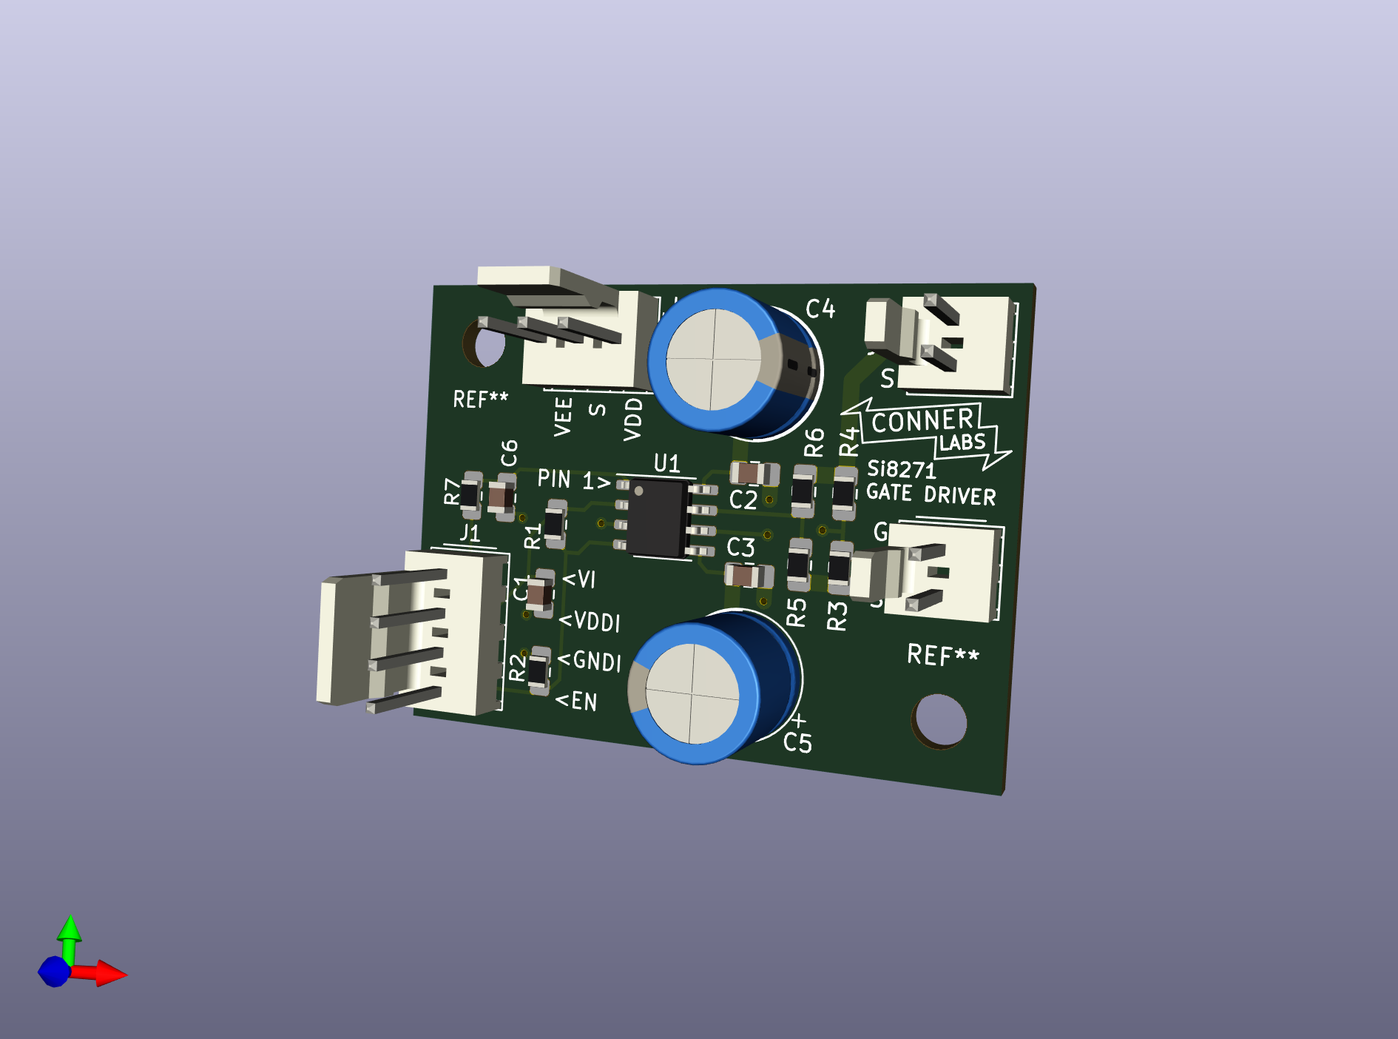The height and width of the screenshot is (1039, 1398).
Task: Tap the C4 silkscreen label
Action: pos(820,309)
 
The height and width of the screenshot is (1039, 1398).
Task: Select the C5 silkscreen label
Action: pos(797,742)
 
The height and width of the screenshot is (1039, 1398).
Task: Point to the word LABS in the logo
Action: pos(962,443)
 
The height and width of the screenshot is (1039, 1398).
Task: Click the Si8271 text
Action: pos(901,469)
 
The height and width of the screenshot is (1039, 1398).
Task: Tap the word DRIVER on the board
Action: pos(959,495)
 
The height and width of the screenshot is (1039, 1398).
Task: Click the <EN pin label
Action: pos(576,701)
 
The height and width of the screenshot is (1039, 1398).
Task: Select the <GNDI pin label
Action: pos(590,660)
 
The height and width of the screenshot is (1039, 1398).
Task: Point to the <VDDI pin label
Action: pos(590,621)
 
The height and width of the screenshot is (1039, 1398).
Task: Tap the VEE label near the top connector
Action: pos(563,417)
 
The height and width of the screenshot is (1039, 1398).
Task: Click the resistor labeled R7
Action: pos(471,494)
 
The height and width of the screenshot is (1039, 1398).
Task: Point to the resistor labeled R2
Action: pos(538,670)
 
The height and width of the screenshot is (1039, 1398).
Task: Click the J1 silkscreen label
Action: pos(470,533)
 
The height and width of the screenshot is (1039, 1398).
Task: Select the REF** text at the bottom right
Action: pos(942,655)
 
